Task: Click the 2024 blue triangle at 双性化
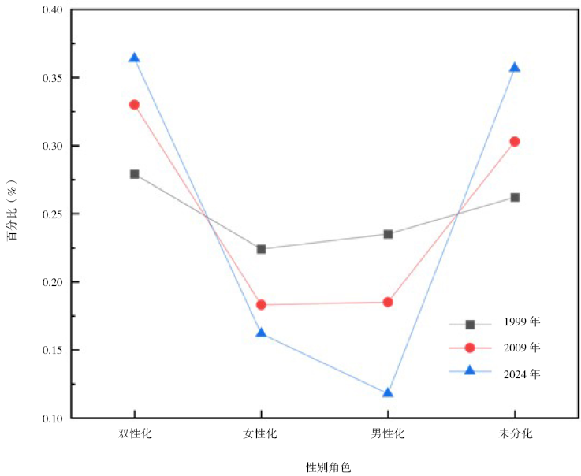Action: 134,58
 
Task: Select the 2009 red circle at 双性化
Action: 134,104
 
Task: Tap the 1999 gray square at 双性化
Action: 134,173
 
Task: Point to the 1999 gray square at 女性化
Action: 261,249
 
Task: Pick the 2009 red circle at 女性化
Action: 261,304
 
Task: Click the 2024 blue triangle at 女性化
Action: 261,333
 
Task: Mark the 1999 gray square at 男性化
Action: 388,234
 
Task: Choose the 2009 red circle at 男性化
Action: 388,302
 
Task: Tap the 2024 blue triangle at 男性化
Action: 388,393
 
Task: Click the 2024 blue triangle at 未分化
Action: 515,67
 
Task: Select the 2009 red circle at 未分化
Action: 515,141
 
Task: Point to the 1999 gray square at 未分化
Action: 515,197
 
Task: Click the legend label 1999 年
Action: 521,322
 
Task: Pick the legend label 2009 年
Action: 521,347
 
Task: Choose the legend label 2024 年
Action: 521,374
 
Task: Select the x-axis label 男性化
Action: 388,433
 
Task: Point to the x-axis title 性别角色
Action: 328,467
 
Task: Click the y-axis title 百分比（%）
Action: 13,214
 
